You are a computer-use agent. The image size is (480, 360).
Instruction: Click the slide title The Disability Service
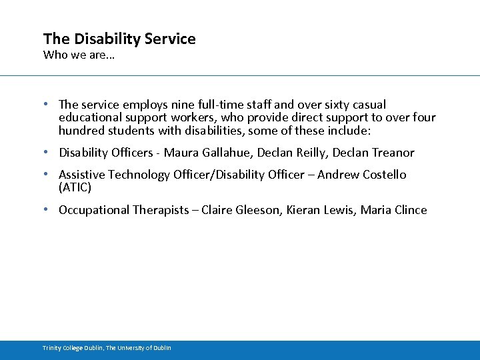[x=119, y=39]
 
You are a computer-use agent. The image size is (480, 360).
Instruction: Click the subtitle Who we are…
[x=79, y=55]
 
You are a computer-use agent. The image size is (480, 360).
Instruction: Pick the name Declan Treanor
[x=373, y=153]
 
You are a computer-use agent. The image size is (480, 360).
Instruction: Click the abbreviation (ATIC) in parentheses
[x=75, y=187]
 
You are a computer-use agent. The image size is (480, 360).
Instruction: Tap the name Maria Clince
[x=393, y=210]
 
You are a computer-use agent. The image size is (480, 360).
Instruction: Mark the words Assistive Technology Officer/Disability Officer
[x=185, y=175]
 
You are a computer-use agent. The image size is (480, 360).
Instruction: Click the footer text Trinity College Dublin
[x=73, y=348]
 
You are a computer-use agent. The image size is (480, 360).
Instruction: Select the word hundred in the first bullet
[x=81, y=131]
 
